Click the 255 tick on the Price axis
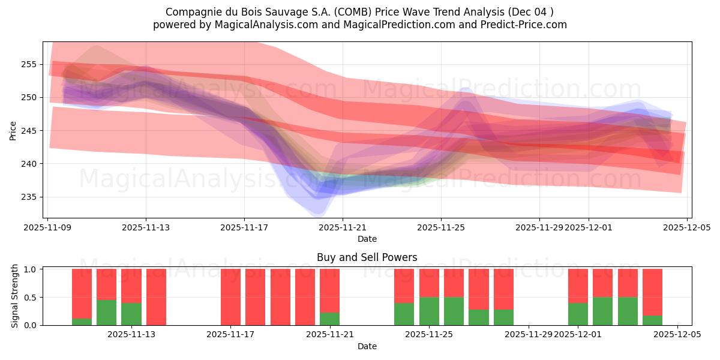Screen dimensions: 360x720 [28, 64]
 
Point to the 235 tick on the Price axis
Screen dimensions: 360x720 [28, 197]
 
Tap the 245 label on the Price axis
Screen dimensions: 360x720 [28, 131]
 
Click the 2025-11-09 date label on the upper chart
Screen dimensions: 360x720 [47, 227]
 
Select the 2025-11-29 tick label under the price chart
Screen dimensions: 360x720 [539, 227]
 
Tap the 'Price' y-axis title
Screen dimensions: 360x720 [13, 130]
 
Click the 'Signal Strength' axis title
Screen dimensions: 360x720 [15, 296]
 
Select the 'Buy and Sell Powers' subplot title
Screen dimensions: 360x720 [367, 257]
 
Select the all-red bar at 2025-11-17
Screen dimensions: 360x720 [230, 297]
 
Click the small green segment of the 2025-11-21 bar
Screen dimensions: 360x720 [329, 319]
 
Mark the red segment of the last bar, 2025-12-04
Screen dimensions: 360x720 [652, 292]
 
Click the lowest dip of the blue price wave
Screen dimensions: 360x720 [318, 211]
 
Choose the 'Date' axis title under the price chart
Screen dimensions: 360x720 [367, 239]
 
